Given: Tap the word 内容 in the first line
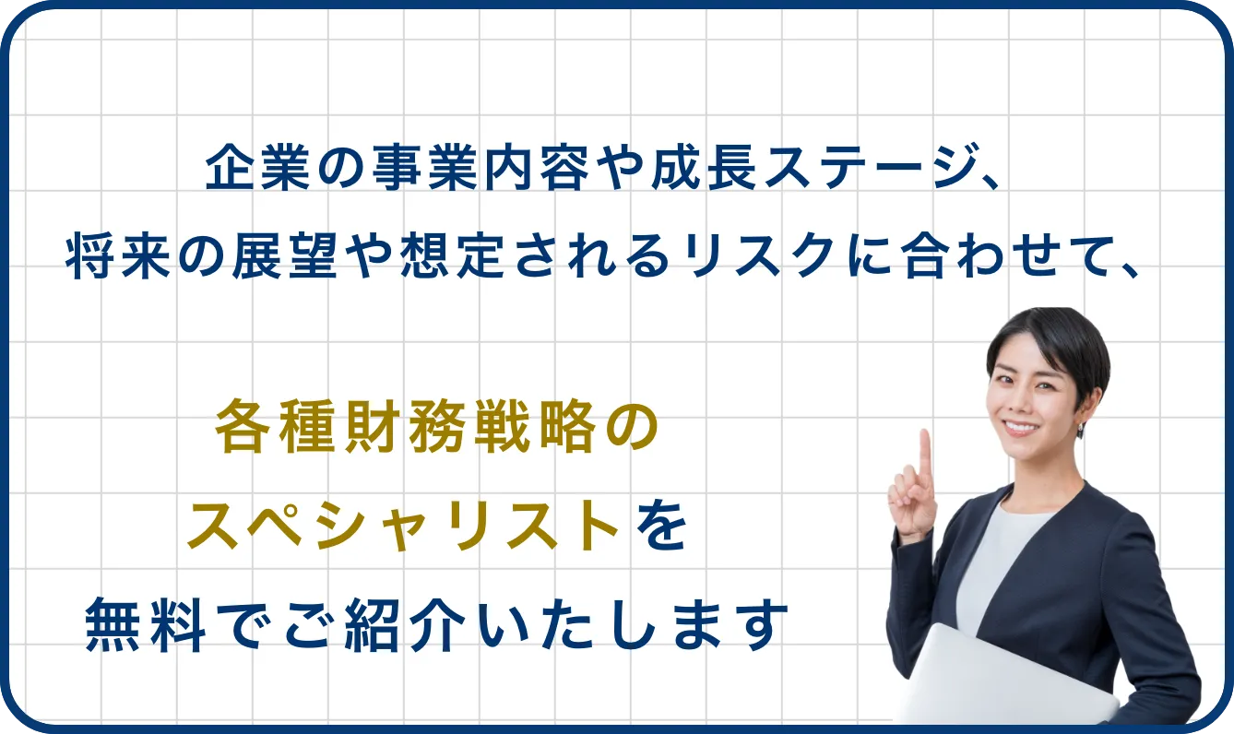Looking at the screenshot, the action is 537,167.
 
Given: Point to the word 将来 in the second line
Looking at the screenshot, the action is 117,255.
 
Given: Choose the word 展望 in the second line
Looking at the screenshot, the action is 285,255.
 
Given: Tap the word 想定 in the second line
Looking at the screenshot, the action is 452,255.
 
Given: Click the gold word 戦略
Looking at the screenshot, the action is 534,426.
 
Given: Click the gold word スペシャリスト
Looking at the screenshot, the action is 403,525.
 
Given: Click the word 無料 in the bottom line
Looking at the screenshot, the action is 145,625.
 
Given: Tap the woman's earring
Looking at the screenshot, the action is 1080,429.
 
